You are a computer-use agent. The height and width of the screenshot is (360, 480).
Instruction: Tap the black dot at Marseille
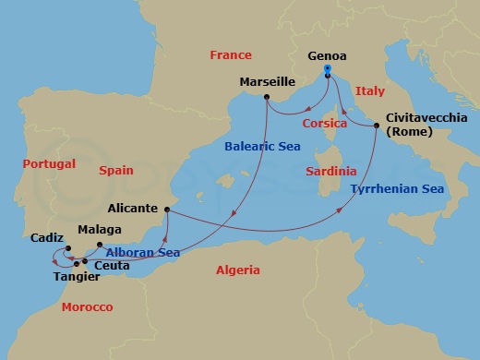(266, 97)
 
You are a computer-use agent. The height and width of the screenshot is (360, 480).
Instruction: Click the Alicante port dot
(168, 211)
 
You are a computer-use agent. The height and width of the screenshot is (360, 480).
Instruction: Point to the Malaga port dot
(100, 245)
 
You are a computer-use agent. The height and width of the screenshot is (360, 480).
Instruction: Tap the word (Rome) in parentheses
(413, 132)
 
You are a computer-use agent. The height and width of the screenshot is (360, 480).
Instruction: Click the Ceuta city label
(113, 266)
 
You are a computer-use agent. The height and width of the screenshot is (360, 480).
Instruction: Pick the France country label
(231, 54)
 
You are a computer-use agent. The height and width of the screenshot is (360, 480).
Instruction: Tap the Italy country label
(369, 91)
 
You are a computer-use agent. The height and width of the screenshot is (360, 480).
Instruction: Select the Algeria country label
(237, 270)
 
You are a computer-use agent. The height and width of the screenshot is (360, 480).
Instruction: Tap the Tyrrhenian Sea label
(397, 189)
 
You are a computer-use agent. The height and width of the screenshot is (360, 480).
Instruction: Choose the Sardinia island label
(330, 171)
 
